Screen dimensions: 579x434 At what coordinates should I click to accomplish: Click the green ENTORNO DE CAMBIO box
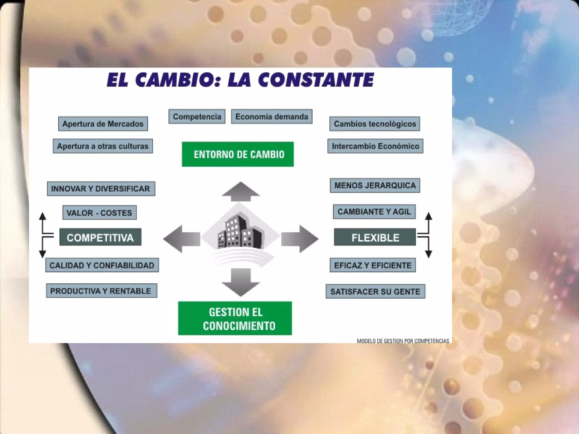pos(237,154)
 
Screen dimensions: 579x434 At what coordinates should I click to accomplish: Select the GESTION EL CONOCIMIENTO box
pos(235,318)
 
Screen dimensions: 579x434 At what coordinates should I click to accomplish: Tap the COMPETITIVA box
pos(100,237)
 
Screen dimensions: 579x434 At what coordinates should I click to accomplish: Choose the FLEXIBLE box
pos(375,237)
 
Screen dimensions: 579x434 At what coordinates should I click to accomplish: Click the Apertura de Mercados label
pos(103,124)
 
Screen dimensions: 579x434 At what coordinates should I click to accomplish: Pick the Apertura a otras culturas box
pos(103,146)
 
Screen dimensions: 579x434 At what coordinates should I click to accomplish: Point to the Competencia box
pos(197,116)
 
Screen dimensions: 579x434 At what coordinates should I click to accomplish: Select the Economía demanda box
pos(271,116)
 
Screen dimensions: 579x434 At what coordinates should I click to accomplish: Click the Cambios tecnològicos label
pos(375,124)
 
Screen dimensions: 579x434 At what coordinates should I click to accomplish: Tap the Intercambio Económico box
pos(375,146)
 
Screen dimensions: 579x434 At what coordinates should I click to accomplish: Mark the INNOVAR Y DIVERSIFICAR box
pos(101,188)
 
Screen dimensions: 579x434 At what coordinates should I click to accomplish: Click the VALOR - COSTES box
pos(99,212)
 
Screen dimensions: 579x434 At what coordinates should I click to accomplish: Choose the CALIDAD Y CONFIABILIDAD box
pos(102,265)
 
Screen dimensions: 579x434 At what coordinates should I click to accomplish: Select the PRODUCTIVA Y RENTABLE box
pos(101,291)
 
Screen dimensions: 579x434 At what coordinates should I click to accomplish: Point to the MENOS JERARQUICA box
pos(375,185)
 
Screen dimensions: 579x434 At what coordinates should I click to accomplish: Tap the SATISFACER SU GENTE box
pos(375,291)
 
